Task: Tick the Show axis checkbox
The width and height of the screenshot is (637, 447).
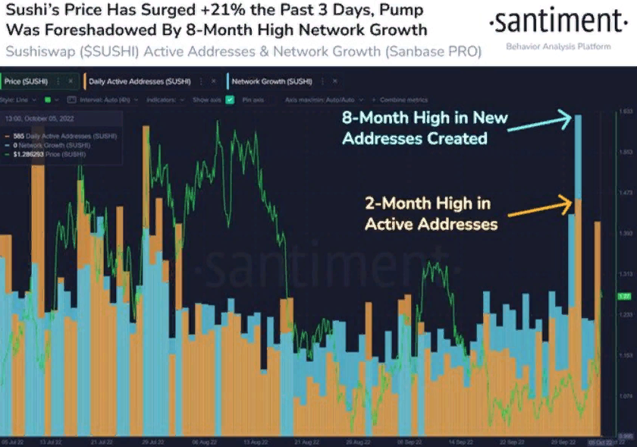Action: point(230,99)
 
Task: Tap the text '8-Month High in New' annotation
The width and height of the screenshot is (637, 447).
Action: point(425,118)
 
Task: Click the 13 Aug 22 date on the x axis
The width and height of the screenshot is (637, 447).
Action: point(253,441)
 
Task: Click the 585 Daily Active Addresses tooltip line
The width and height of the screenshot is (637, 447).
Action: point(64,136)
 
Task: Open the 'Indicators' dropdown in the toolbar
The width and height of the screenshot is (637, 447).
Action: point(162,99)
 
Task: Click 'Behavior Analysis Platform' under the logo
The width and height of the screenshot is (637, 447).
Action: point(557,47)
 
